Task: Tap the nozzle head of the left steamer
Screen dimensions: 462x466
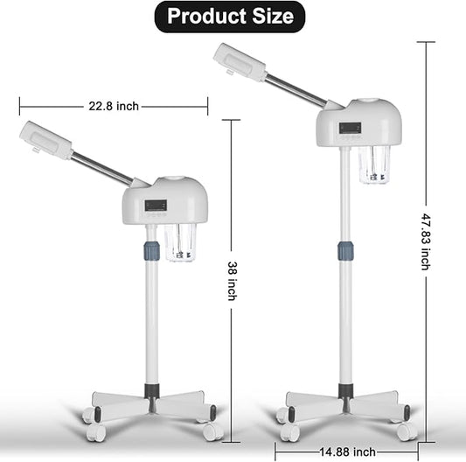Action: pos(46,140)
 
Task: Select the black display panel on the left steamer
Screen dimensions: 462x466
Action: pos(157,206)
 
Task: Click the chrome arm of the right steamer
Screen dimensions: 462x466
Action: pos(293,89)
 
